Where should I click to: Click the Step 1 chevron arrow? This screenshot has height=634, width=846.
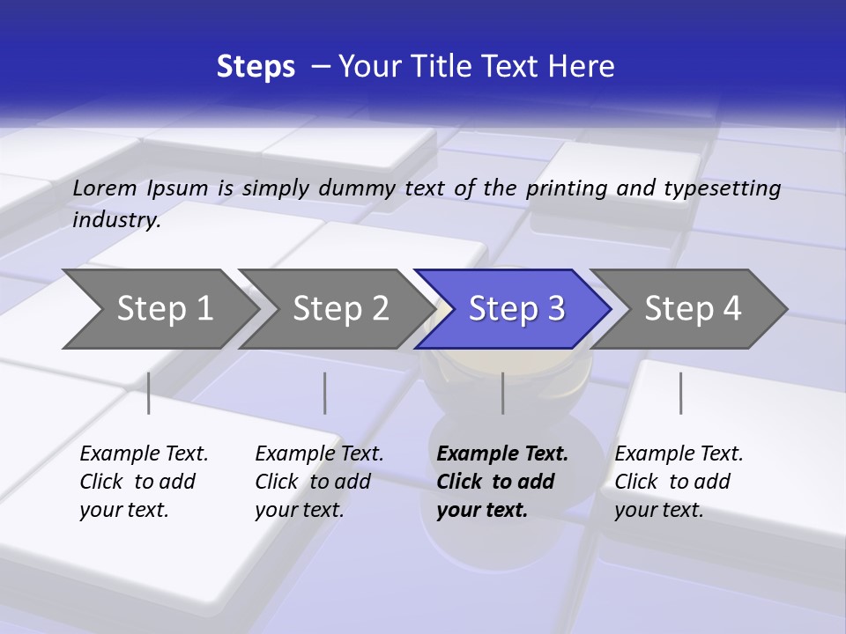[x=164, y=309]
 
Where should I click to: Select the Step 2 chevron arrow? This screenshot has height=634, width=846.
[x=340, y=309]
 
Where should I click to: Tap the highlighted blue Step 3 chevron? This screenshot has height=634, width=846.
[x=516, y=309]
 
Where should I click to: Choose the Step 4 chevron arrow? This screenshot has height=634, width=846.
[x=692, y=309]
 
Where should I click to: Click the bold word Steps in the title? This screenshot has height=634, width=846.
[x=256, y=67]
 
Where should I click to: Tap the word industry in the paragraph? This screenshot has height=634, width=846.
[x=115, y=220]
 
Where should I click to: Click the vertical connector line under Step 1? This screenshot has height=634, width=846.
[x=149, y=393]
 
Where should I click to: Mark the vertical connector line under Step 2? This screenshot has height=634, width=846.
[x=325, y=393]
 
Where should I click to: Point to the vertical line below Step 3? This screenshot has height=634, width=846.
[x=503, y=393]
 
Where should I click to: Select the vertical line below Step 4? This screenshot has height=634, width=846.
[x=680, y=393]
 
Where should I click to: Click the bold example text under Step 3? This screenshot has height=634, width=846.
[x=501, y=482]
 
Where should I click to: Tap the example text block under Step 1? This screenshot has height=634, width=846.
[x=143, y=482]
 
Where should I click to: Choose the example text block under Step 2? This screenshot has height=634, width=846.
[x=318, y=482]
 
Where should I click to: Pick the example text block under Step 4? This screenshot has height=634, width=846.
[x=678, y=482]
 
